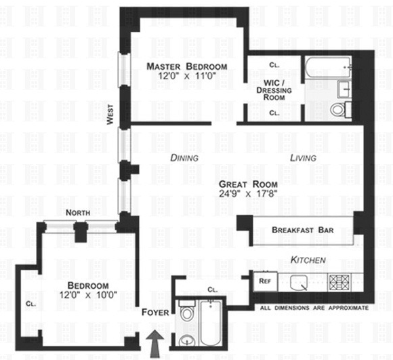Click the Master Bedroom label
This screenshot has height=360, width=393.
coord(187,66)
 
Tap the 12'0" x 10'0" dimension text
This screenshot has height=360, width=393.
coord(88,295)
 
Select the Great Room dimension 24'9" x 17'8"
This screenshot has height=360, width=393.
coord(248,194)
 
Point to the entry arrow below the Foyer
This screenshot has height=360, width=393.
coord(155,344)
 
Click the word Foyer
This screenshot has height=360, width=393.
coord(155,313)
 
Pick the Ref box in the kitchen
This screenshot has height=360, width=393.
coord(265,281)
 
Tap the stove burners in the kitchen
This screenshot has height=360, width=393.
coord(339,282)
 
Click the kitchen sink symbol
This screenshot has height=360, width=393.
coord(299,283)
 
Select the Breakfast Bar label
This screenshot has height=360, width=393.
coord(303,230)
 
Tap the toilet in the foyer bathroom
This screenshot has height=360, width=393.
coord(186,311)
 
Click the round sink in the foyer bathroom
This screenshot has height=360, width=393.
coord(186,340)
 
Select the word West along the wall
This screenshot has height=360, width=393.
coord(110,115)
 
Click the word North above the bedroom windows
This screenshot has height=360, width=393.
coord(78,213)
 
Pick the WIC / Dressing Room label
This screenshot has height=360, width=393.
coord(274,90)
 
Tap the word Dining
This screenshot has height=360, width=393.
coord(184,158)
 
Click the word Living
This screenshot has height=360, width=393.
coord(303,158)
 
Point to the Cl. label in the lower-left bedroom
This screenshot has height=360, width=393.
coord(31,304)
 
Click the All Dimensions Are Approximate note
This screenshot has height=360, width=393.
coord(314,308)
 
